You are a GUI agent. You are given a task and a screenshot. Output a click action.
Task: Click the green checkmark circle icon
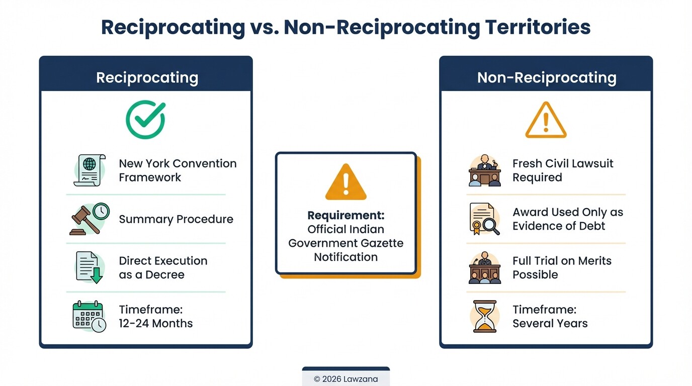145,120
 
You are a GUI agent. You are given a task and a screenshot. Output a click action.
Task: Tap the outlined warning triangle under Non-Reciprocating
546,121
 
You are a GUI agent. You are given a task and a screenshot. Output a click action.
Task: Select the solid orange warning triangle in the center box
345,182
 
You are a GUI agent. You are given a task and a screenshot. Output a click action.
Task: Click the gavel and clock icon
90,219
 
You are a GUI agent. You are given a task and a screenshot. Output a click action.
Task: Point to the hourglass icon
485,316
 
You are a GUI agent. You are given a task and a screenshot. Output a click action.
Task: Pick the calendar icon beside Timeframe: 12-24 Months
90,316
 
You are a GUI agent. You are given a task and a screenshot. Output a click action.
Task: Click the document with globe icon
90,170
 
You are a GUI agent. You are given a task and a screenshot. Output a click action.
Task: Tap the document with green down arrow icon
90,267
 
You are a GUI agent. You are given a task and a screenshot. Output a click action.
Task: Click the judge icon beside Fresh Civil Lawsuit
485,170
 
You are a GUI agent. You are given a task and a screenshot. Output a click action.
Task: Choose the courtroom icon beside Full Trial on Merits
485,267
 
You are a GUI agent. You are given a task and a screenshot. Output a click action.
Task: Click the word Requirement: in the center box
345,216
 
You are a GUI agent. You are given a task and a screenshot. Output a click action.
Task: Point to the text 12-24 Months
156,323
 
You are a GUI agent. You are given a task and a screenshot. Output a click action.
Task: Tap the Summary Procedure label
176,219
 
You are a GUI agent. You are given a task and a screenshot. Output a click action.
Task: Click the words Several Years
550,323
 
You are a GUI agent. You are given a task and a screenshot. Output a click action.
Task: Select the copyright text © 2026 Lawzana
345,379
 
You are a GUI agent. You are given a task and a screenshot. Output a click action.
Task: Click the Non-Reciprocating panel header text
547,77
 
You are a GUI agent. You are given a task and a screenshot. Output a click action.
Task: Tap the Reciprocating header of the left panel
147,77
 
